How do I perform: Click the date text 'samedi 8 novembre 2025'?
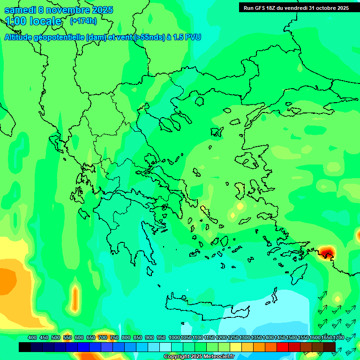click(x=59, y=10)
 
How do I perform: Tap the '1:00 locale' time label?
click(x=33, y=21)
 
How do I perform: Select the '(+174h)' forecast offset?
click(x=83, y=21)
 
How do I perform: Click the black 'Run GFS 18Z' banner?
click(x=296, y=7)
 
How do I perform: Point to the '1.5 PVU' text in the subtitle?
click(x=186, y=37)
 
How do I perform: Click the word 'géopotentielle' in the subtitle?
click(x=61, y=37)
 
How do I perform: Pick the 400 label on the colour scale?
click(x=32, y=337)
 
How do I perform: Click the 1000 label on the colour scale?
click(x=174, y=337)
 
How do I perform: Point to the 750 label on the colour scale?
click(x=114, y=337)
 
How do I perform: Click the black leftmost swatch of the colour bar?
click(x=25, y=347)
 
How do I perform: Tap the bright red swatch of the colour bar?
click(x=283, y=347)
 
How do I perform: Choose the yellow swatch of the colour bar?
click(x=236, y=347)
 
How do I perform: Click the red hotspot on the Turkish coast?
click(x=325, y=254)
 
